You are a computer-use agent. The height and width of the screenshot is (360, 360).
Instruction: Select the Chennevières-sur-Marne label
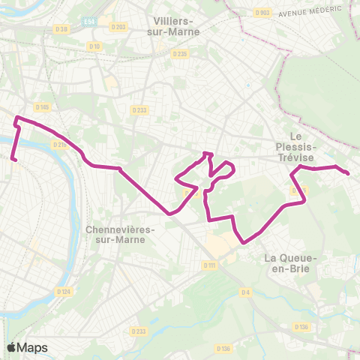pos(120,235)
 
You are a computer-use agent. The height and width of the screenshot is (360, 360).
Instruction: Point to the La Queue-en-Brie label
pos(292,263)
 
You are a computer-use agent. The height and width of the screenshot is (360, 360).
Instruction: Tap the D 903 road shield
pos(262,13)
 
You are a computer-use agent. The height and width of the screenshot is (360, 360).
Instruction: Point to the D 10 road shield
pos(94,46)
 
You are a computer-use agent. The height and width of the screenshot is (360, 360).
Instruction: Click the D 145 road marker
pos(42,107)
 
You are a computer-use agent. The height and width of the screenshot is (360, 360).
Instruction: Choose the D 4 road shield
pos(245,292)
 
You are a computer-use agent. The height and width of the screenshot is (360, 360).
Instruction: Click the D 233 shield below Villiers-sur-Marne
pos(139,110)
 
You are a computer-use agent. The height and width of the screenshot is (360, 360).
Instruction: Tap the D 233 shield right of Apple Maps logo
pos(138,331)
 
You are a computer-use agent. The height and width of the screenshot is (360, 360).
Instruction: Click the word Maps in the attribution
pos(33,347)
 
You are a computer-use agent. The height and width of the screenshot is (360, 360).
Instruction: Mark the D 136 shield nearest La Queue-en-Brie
pos(302,326)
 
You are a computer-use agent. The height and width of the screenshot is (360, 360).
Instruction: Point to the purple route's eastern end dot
pos(349,174)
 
